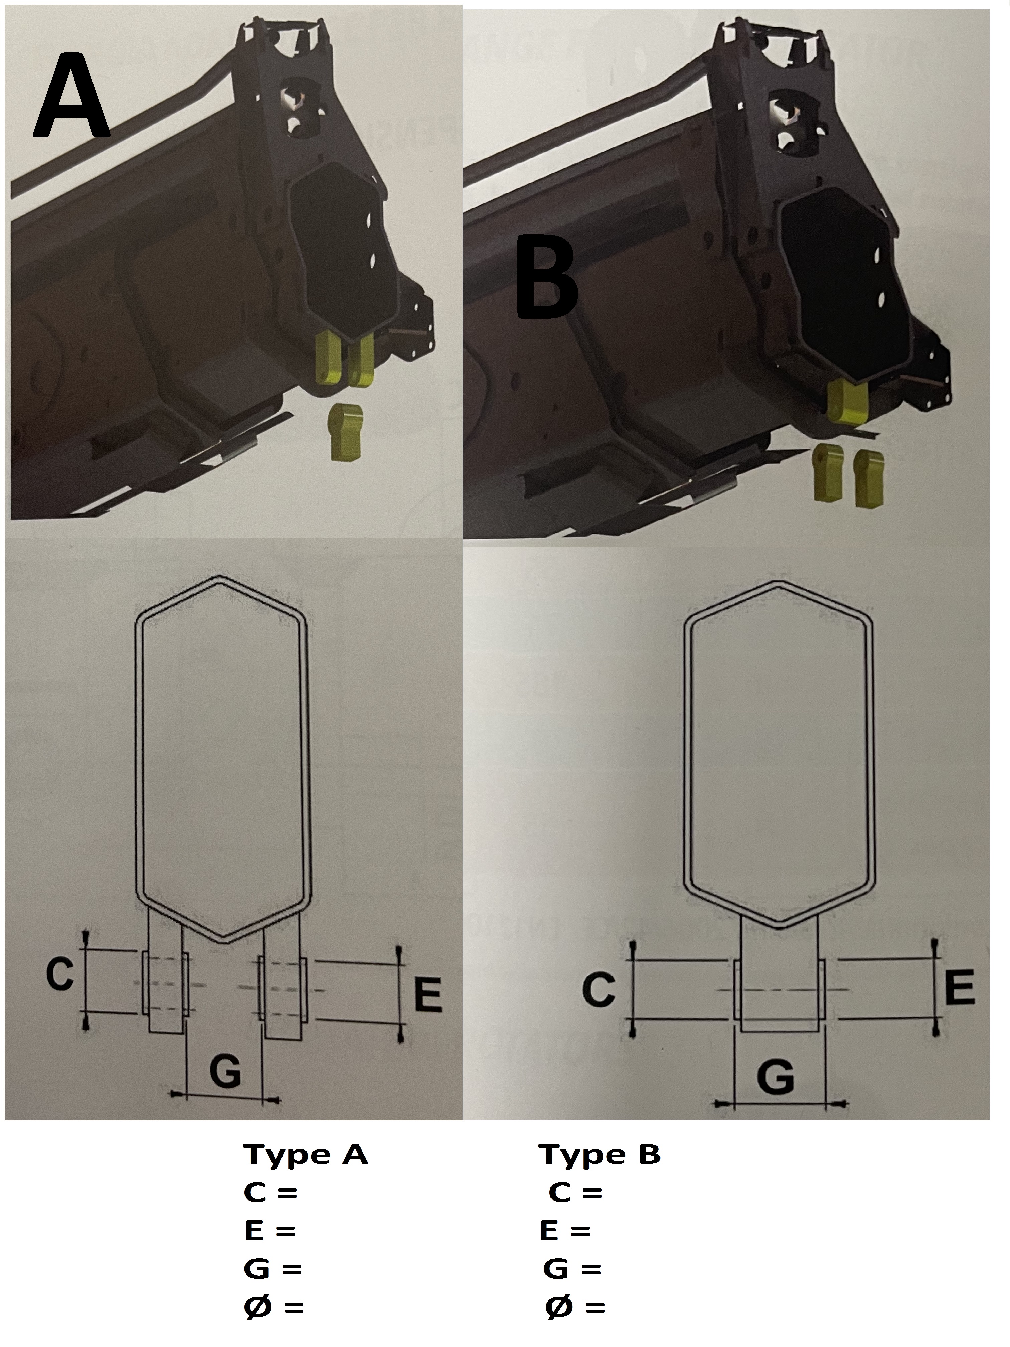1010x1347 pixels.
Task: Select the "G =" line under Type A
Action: [273, 1265]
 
